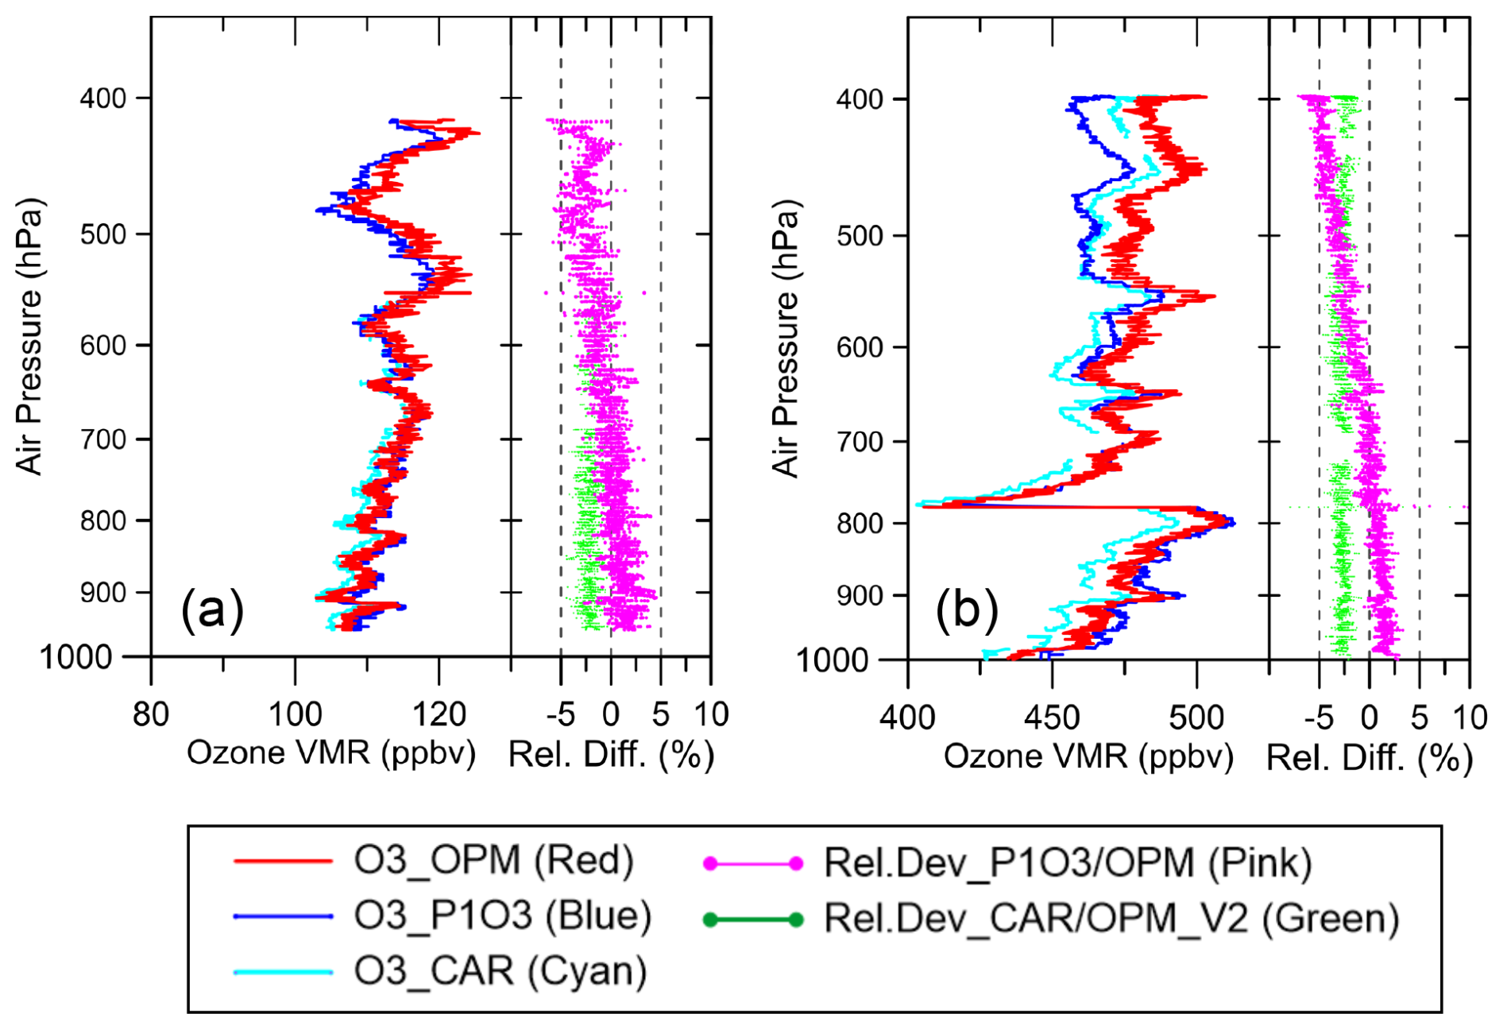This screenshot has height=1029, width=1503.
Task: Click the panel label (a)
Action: point(212,610)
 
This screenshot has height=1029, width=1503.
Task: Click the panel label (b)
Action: point(967,611)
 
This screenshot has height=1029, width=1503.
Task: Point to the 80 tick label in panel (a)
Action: point(151,715)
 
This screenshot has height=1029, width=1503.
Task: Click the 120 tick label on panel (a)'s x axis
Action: point(439,715)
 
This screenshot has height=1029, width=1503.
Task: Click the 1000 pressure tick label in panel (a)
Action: point(76,657)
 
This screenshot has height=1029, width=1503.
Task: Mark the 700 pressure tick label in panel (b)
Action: point(861,442)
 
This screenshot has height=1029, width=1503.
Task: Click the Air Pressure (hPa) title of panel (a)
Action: point(29,336)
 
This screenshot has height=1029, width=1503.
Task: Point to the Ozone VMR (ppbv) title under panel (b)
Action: point(1088,756)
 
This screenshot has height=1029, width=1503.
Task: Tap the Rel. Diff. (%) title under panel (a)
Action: point(611,754)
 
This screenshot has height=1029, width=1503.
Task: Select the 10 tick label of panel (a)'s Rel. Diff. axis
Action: point(711,715)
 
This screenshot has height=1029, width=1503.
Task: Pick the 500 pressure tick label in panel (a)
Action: point(103,234)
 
